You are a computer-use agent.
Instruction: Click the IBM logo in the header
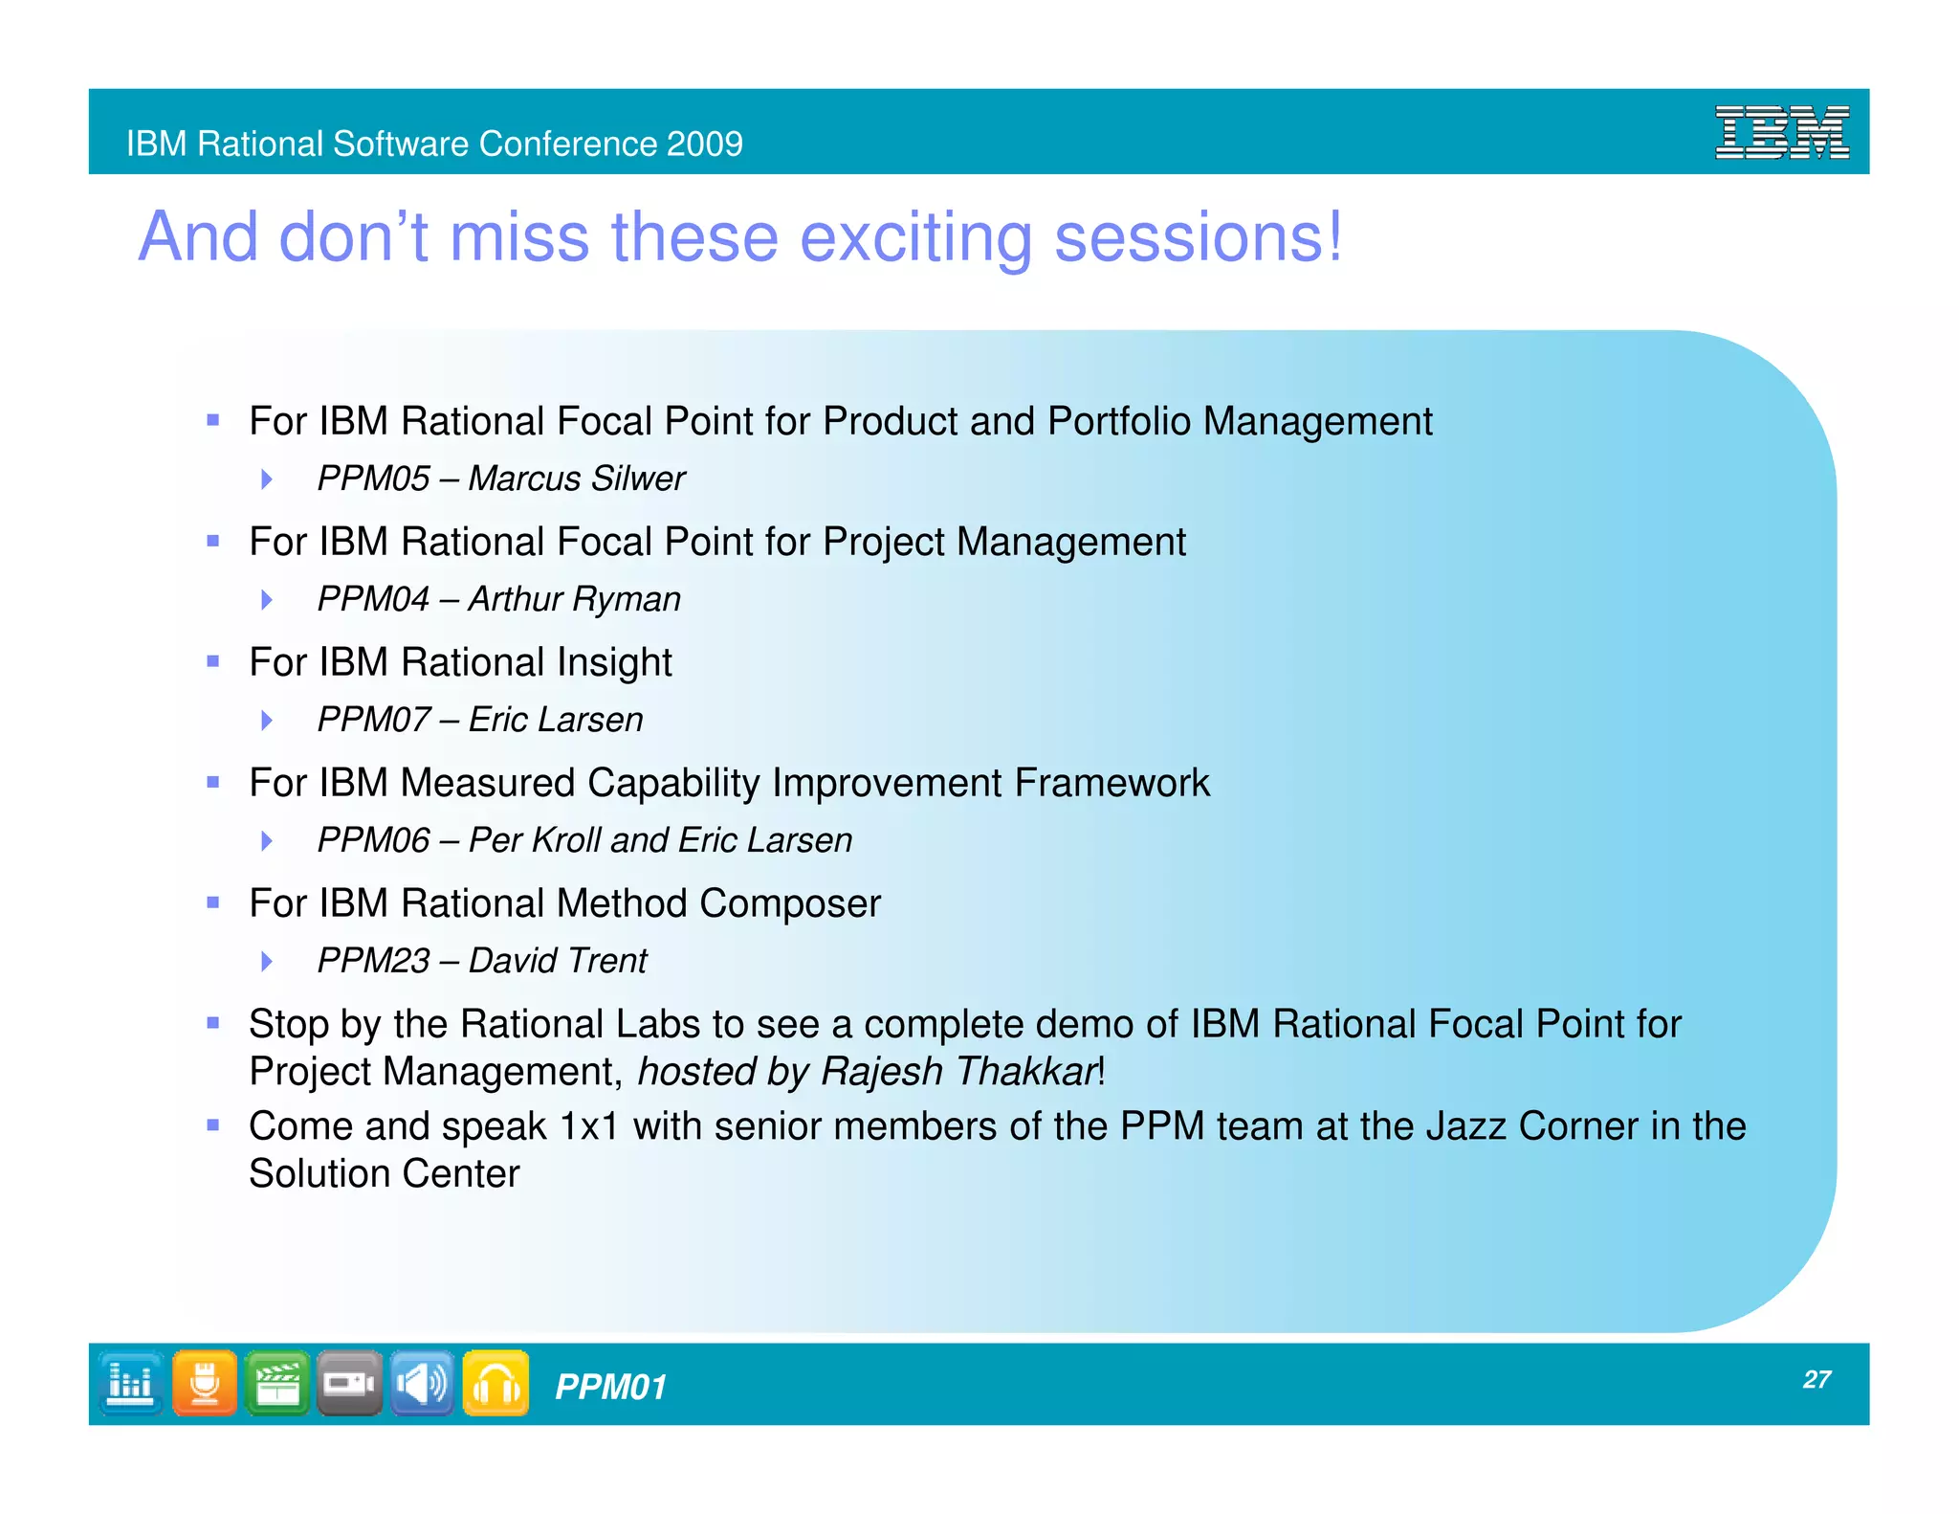pos(1781,132)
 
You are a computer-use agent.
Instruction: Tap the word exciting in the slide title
pos(915,237)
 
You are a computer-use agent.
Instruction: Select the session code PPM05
pos(373,479)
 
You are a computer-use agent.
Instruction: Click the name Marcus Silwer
pos(577,479)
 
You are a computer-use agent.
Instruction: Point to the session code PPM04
pos(373,599)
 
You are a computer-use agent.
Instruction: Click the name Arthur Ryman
pos(574,599)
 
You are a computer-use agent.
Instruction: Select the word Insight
pos(614,662)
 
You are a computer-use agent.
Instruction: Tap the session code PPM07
pos(373,720)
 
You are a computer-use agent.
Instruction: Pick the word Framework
pos(1112,783)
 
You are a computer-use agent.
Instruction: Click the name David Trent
pos(558,961)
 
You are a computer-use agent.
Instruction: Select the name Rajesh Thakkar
pos(958,1072)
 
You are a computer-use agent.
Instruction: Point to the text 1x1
pos(589,1126)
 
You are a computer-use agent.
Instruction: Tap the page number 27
pos(1816,1379)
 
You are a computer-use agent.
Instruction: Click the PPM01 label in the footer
pos(610,1387)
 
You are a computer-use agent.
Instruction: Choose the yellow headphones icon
pos(495,1383)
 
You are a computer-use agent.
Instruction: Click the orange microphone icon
pos(205,1383)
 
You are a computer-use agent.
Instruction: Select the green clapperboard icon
pos(277,1383)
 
